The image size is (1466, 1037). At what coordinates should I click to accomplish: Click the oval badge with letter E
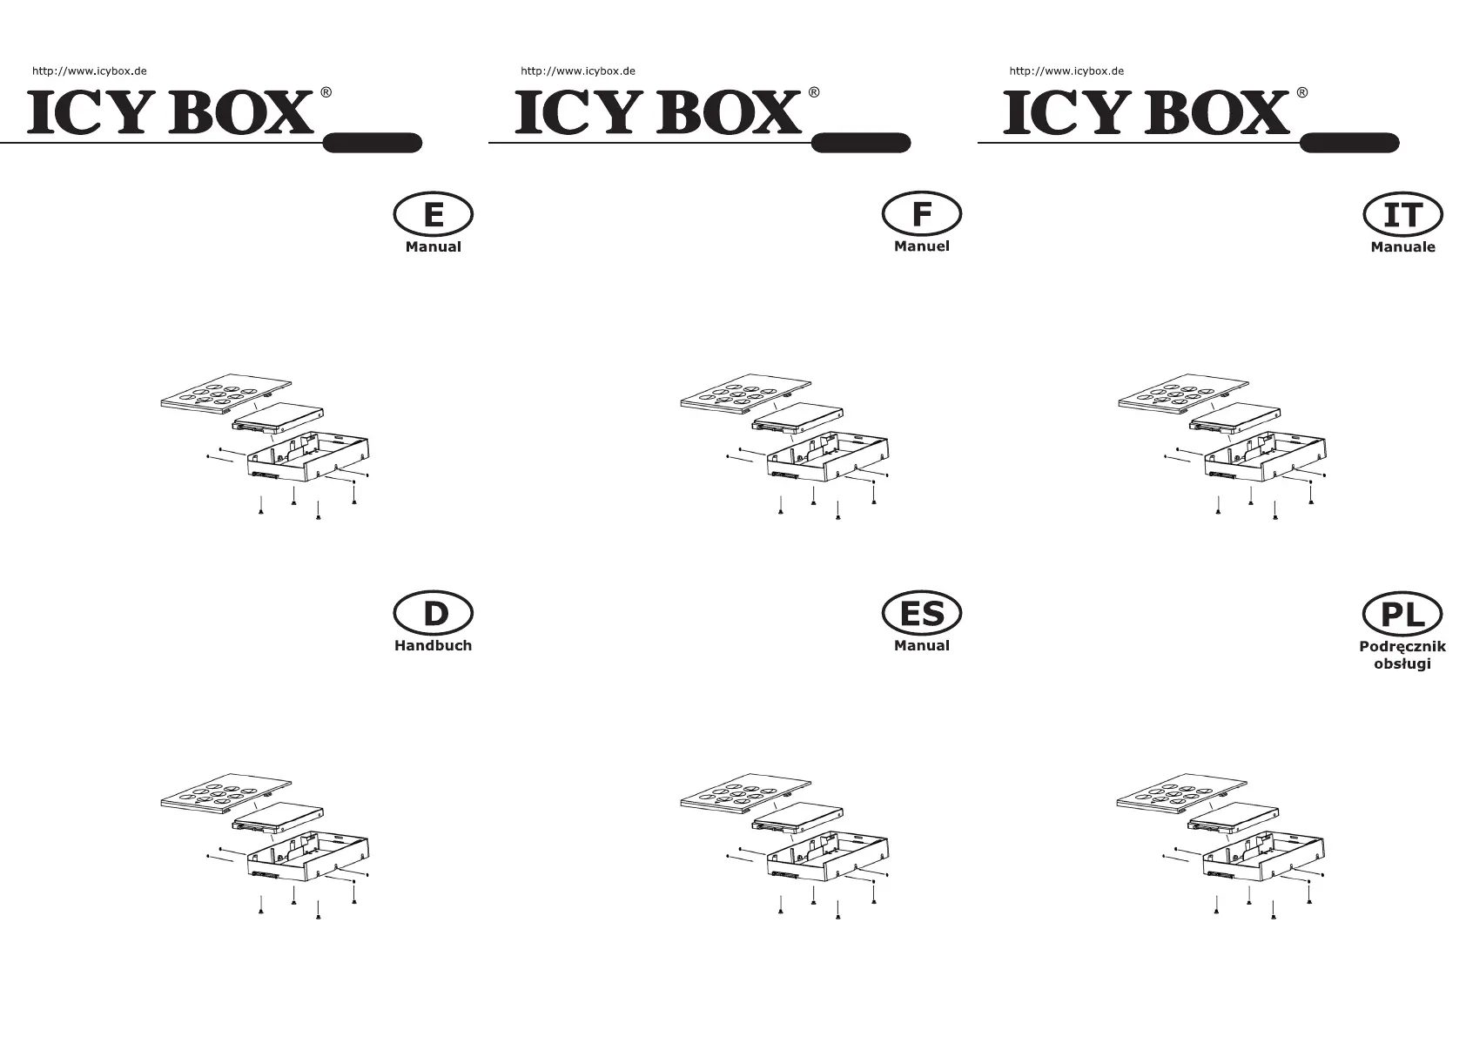(x=434, y=214)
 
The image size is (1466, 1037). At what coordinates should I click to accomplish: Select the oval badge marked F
(x=921, y=214)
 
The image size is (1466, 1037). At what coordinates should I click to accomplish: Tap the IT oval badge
(x=1402, y=215)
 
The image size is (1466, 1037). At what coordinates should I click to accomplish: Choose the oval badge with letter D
(x=434, y=614)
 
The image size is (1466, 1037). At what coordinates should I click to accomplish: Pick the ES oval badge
(x=921, y=614)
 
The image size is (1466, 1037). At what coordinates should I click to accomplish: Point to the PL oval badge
(x=1402, y=615)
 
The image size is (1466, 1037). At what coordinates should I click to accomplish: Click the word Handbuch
(x=433, y=646)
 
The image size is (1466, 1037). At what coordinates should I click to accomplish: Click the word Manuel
(x=921, y=246)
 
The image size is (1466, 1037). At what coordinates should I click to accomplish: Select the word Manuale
(x=1402, y=247)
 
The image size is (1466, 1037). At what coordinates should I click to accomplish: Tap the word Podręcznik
(x=1402, y=647)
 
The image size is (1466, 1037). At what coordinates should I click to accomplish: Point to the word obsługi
(x=1402, y=664)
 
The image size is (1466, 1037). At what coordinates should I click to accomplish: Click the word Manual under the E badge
(x=433, y=247)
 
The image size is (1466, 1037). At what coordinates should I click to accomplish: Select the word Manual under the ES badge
(x=921, y=646)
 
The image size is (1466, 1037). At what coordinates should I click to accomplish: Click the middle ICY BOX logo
(x=658, y=112)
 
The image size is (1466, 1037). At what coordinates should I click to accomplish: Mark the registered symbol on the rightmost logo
(x=1301, y=92)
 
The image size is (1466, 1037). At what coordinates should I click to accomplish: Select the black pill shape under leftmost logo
(x=373, y=143)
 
